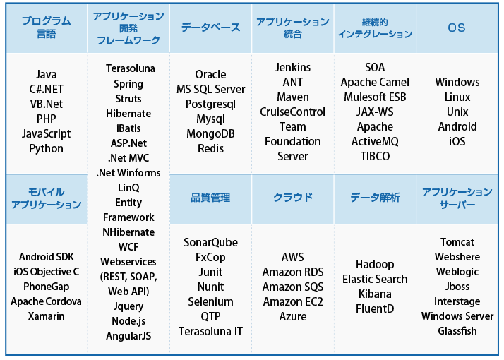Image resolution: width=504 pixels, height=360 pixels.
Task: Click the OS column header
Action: click(457, 28)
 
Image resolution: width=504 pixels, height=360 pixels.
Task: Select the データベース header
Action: click(210, 28)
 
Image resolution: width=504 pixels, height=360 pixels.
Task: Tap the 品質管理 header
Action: click(210, 198)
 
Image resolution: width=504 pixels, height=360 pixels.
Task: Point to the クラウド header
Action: click(293, 198)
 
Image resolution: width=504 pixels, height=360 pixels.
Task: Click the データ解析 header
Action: click(375, 198)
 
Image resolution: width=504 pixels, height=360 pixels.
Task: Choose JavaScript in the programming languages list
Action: click(47, 133)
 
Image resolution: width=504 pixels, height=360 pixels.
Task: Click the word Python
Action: click(47, 148)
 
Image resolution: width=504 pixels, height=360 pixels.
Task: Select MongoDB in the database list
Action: click(210, 133)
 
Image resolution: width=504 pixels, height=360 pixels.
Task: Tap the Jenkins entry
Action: click(293, 68)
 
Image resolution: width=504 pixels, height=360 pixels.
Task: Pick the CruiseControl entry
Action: click(293, 112)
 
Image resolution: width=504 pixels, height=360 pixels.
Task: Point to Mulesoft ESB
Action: click(375, 97)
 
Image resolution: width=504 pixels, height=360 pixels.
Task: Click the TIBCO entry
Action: click(375, 156)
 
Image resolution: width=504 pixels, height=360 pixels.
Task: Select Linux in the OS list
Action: click(457, 97)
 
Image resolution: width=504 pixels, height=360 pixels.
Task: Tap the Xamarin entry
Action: click(47, 316)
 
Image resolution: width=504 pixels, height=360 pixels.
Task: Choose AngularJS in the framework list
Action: click(128, 336)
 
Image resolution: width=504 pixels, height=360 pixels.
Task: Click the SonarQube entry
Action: click(210, 243)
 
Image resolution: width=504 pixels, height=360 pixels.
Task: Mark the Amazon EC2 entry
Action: click(293, 302)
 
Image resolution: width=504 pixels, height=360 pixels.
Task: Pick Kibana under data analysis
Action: click(375, 294)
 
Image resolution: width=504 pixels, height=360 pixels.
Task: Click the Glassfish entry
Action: click(457, 331)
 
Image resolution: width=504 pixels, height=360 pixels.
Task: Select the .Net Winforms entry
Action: click(128, 173)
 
